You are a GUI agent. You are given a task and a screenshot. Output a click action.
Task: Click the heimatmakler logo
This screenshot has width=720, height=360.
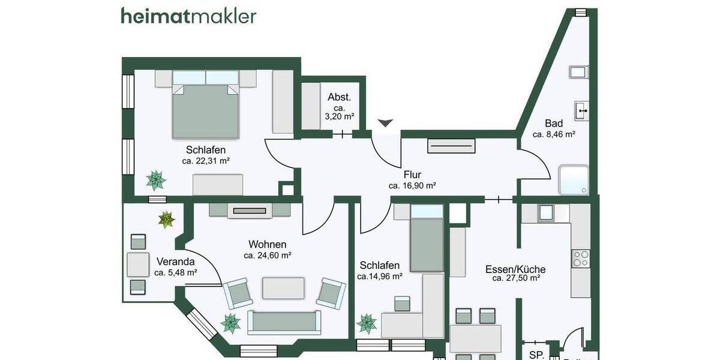pos(188,15)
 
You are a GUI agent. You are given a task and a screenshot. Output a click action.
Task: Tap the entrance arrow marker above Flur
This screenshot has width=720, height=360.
pos(385,122)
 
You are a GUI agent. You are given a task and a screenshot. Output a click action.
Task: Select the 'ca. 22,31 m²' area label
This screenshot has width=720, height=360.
pos(206,161)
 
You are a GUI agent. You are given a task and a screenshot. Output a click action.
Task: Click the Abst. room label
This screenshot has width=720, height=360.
pos(339,97)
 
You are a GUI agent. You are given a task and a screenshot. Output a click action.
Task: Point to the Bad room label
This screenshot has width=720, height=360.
pos(554,124)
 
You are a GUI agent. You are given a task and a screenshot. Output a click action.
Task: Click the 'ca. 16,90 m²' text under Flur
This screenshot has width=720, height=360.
pos(412,186)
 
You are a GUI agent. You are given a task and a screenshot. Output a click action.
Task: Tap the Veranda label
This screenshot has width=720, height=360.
pos(175,262)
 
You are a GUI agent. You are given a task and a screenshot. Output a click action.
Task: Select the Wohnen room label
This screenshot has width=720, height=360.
pos(267,244)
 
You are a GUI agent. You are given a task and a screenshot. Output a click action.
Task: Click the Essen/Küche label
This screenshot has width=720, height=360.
pos(515,269)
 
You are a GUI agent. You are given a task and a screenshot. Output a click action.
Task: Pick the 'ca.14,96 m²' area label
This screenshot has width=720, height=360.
pos(379,277)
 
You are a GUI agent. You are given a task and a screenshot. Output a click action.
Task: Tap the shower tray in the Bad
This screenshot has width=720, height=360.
pos(573,181)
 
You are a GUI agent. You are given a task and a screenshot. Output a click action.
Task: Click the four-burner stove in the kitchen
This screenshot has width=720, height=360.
pos(581,259)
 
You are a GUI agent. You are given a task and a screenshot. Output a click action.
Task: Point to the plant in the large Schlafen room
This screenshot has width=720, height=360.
pos(156,179)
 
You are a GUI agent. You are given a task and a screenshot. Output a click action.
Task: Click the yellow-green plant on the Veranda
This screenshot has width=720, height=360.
pos(166,220)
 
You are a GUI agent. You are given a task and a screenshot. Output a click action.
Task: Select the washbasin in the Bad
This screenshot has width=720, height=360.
pos(581,110)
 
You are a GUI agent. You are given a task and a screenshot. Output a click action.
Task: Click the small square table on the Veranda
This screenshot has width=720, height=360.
pos(138,264)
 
